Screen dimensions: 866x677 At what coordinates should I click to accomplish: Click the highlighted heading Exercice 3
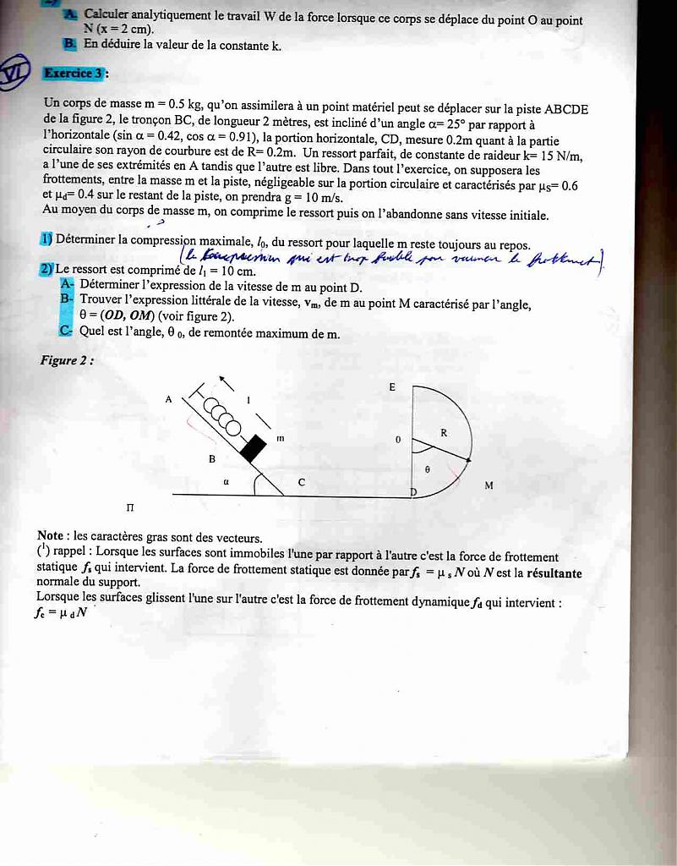[74, 74]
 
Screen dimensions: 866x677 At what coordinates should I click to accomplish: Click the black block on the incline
[252, 447]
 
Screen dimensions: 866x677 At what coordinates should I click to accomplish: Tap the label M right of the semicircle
[489, 485]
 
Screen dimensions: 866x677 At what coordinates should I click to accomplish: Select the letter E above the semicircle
[392, 386]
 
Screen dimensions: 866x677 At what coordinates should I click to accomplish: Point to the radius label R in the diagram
[444, 432]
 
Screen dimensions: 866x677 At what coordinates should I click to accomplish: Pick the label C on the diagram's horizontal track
[302, 482]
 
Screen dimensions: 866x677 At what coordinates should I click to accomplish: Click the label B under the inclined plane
[212, 458]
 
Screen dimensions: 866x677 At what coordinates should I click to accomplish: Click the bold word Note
[51, 536]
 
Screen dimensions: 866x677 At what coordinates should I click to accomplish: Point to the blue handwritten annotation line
[389, 259]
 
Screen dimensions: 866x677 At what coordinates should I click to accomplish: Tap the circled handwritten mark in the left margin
[15, 74]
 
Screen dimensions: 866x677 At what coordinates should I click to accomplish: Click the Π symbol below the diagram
[130, 507]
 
